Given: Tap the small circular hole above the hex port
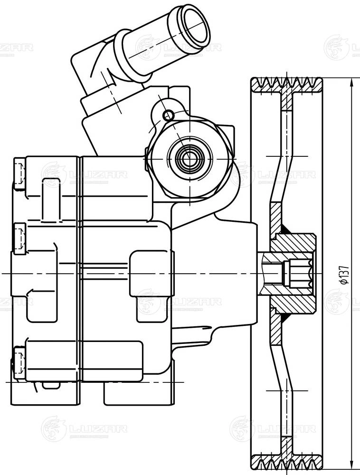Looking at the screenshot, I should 167,114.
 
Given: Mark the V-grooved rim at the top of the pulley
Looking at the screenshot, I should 287,84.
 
